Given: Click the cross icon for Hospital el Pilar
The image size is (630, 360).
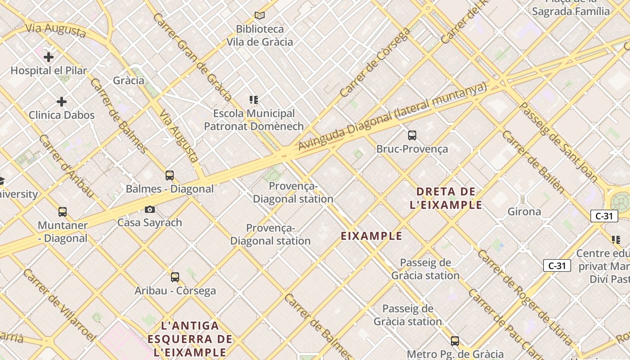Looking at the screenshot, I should pyautogui.click(x=49, y=57).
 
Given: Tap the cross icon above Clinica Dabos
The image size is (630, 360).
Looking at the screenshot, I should pyautogui.click(x=62, y=102).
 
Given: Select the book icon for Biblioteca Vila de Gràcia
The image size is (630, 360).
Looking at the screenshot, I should pyautogui.click(x=260, y=16).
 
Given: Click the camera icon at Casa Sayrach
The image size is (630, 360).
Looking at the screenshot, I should pyautogui.click(x=150, y=209).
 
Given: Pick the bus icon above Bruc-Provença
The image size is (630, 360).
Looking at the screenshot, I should pyautogui.click(x=412, y=135).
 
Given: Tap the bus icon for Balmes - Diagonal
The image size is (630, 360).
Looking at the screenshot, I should pyautogui.click(x=170, y=175).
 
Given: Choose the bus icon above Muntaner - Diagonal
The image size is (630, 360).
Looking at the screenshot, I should pyautogui.click(x=63, y=212).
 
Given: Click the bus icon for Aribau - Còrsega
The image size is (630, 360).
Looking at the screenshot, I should pyautogui.click(x=175, y=277).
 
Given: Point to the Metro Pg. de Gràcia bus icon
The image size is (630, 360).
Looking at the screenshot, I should pyautogui.click(x=455, y=341).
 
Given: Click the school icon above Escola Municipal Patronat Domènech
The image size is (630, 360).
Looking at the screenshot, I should pyautogui.click(x=254, y=100).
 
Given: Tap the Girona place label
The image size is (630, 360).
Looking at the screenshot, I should pyautogui.click(x=524, y=211).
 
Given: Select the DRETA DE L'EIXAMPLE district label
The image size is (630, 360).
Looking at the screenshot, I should pyautogui.click(x=446, y=198).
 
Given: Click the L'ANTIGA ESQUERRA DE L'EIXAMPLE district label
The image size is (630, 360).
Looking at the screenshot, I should pyautogui.click(x=190, y=338).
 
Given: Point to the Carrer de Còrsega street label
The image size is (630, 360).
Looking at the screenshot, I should pyautogui.click(x=375, y=63).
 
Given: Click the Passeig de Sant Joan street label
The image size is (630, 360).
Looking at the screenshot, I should pyautogui.click(x=558, y=142).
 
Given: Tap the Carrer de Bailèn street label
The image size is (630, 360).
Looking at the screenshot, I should pyautogui.click(x=533, y=162).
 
